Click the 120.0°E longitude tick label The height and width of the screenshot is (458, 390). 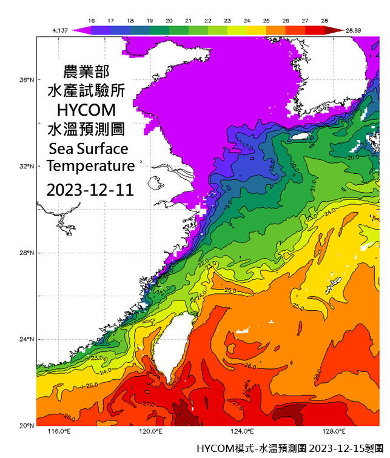pyautogui.click(x=150, y=432)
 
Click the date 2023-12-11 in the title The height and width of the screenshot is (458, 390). pyautogui.click(x=90, y=190)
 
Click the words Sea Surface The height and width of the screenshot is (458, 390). pyautogui.click(x=89, y=148)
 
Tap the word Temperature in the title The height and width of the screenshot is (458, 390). pyautogui.click(x=90, y=165)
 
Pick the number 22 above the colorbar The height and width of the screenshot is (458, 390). pyautogui.click(x=208, y=21)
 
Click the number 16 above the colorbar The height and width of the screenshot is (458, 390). pyautogui.click(x=92, y=21)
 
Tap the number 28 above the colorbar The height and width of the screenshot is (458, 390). pyautogui.click(x=324, y=21)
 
